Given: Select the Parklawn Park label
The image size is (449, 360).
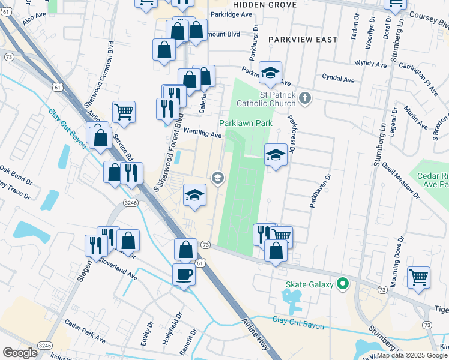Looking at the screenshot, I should pos(246,123).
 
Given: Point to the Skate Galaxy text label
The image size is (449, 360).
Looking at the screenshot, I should pos(309,284).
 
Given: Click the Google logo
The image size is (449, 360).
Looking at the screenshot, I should pos(20,353).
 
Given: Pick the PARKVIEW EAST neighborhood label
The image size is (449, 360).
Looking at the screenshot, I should pos(303,39).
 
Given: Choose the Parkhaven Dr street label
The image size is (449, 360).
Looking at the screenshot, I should pos(320,191).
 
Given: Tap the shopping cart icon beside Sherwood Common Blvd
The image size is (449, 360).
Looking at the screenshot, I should pos(124,110).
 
